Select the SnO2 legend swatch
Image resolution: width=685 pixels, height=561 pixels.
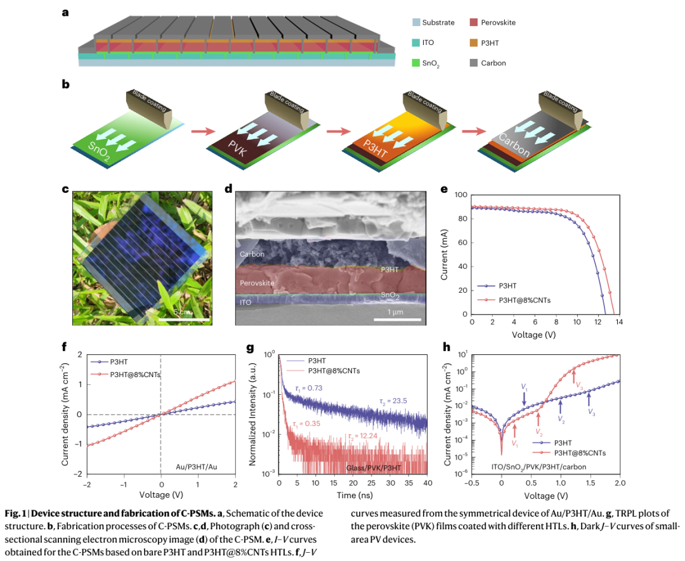pyautogui.click(x=415, y=63)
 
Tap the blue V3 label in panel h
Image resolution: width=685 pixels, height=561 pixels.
pyautogui.click(x=591, y=413)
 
